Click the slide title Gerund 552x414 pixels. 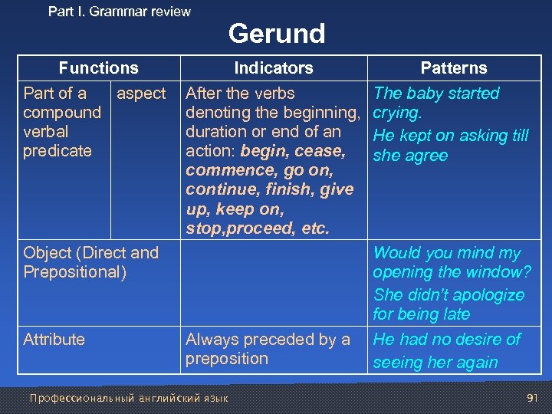point(277,34)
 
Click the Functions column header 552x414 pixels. point(98,68)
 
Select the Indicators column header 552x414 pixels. point(274,68)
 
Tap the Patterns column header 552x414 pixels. point(454,68)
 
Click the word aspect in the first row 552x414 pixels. point(140,94)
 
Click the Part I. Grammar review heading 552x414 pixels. point(120,11)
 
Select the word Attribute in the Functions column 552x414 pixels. point(54,340)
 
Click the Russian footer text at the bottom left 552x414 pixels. point(128,398)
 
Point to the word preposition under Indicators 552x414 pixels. point(227,359)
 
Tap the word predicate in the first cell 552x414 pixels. point(57,151)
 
